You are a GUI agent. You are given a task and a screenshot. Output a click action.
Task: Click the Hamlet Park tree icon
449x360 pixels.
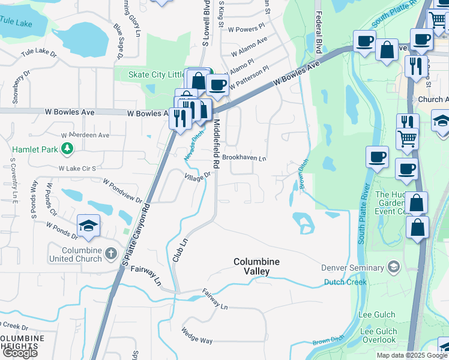point(68,148)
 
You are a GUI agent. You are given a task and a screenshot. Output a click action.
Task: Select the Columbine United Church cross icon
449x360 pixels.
point(110,253)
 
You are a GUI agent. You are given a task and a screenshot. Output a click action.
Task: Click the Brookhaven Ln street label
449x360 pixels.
point(244,158)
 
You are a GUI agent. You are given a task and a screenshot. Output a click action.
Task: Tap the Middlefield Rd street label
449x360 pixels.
point(216,143)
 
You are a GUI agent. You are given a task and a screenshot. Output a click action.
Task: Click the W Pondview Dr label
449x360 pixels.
point(122,190)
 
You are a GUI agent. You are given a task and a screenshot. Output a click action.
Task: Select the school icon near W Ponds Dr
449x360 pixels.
point(89,226)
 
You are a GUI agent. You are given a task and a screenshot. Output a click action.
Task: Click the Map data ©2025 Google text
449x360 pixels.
point(411,355)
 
